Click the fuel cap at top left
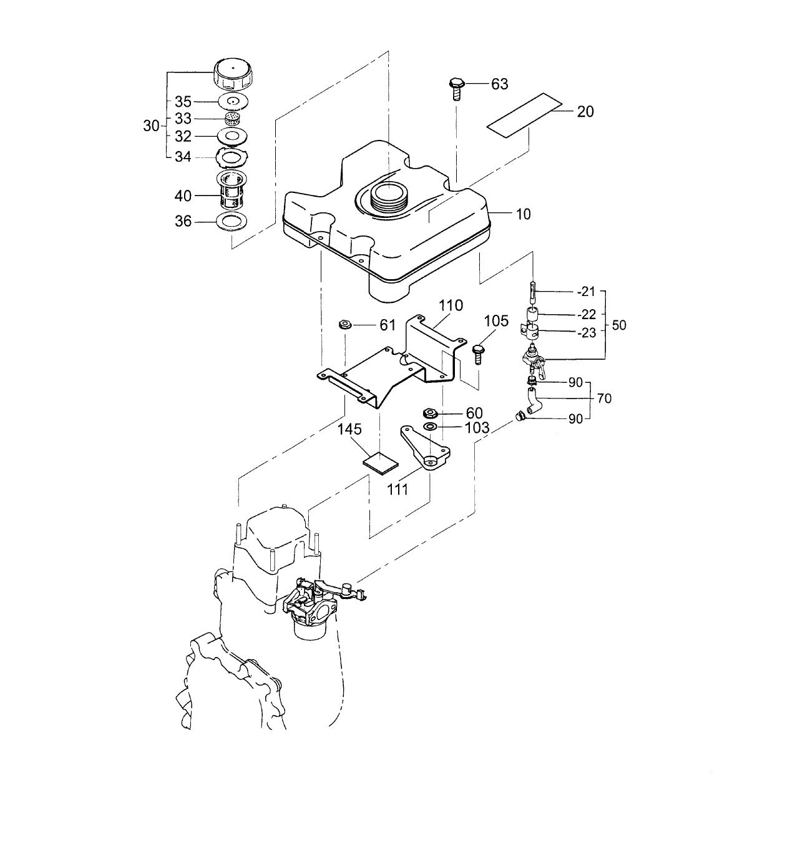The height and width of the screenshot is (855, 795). (232, 74)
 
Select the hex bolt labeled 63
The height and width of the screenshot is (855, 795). (456, 87)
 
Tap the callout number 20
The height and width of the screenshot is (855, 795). (585, 111)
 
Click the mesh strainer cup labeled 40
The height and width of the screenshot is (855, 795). (232, 190)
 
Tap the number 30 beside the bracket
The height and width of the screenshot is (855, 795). (152, 126)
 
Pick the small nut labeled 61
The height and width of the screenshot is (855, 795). (343, 324)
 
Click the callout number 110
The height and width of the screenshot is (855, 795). (451, 305)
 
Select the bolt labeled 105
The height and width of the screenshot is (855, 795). (479, 352)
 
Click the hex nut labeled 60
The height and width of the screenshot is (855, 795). (429, 413)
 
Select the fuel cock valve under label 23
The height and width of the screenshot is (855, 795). (531, 362)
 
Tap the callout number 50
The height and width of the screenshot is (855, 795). (619, 325)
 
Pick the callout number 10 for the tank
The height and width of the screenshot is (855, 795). (523, 214)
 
